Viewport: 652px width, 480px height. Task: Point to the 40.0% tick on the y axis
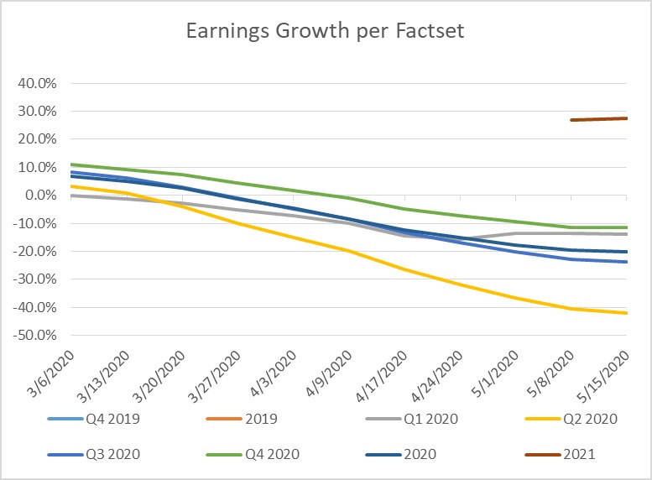35,84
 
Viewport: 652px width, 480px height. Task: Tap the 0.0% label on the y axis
39,196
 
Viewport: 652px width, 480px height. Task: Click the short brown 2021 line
599,119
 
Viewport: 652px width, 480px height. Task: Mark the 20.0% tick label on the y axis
35,139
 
